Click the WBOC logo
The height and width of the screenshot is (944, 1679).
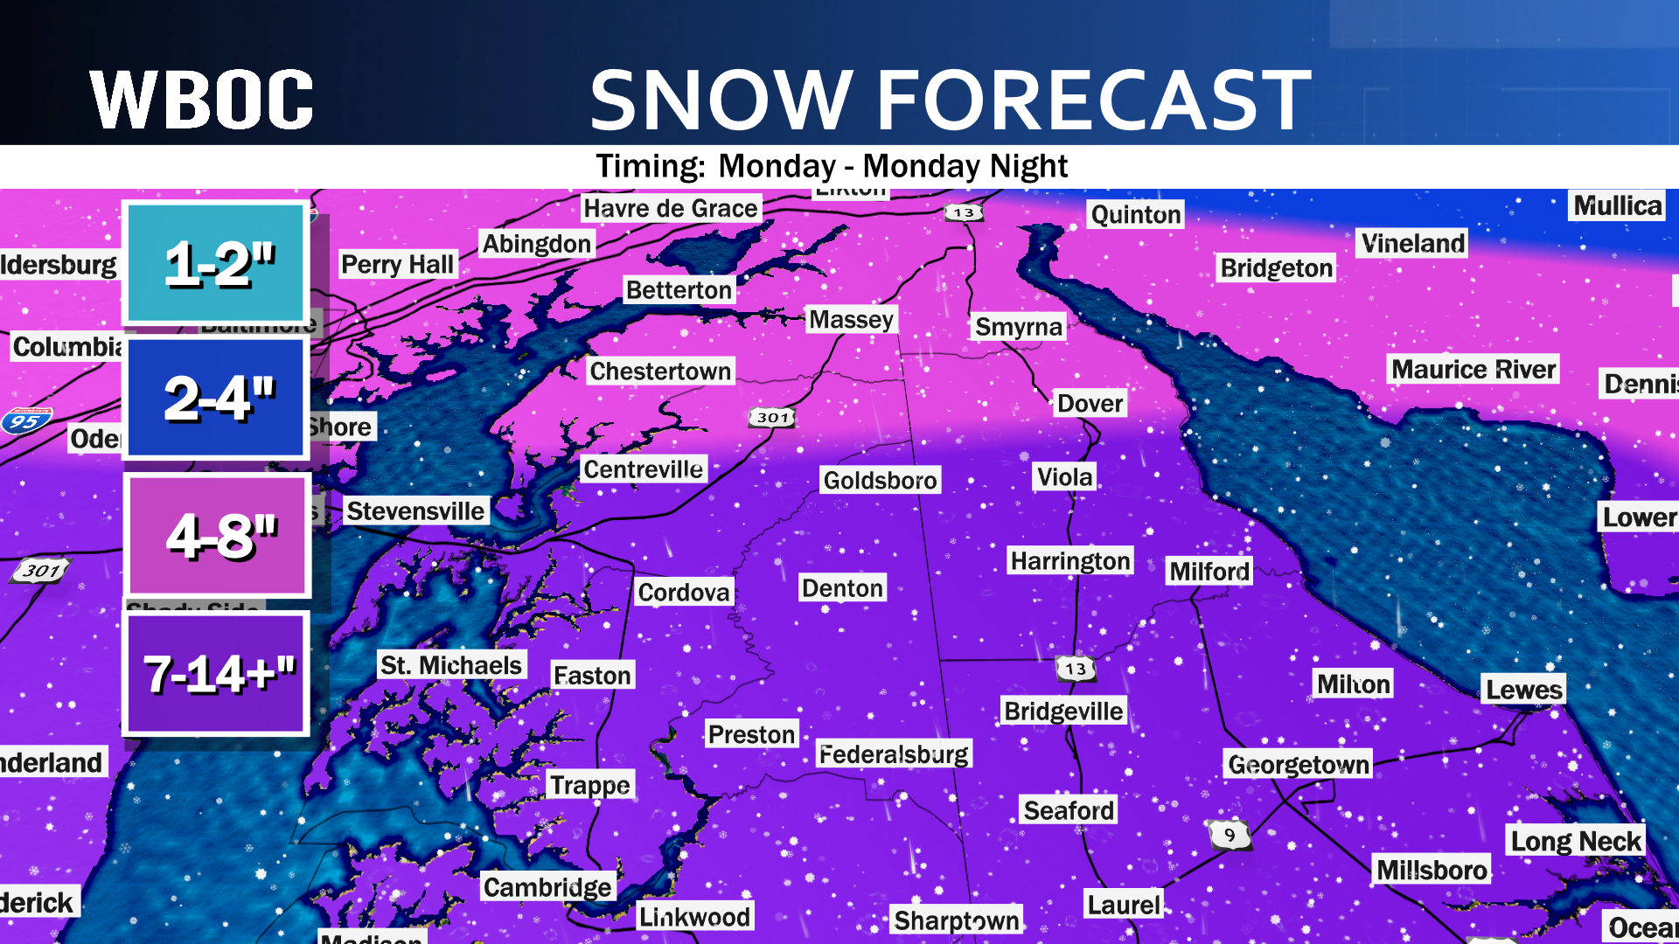201,100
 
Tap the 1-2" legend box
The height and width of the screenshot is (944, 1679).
216,263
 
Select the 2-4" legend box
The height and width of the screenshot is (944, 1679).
216,399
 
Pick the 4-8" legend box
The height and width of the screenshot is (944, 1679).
218,536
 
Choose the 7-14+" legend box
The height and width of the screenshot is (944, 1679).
216,673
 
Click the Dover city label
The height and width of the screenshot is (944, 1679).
1090,403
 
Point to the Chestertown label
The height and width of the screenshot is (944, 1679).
660,371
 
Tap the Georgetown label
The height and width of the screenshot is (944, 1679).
1299,764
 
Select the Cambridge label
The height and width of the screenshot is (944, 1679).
547,887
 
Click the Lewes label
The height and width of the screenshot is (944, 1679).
1523,690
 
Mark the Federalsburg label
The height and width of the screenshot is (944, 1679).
893,753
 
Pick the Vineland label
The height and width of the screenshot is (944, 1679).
1412,243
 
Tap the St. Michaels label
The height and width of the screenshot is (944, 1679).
451,665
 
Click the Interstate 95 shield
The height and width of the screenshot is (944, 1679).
26,421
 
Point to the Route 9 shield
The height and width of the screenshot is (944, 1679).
1230,835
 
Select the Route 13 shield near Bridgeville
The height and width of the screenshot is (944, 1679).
1076,669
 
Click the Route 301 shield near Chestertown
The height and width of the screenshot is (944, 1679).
773,418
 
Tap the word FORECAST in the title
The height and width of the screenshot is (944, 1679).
1094,100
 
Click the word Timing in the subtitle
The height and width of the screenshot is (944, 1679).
650,166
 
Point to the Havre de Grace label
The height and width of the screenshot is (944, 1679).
671,208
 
